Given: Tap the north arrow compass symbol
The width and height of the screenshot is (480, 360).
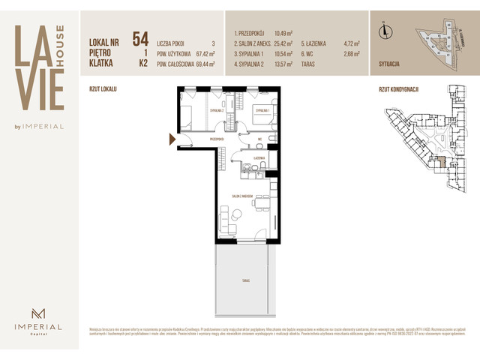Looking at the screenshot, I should (x=385, y=30).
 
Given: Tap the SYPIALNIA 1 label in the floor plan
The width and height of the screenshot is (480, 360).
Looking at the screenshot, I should (x=260, y=110).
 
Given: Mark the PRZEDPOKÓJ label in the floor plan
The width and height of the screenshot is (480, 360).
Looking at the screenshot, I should (x=218, y=138).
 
